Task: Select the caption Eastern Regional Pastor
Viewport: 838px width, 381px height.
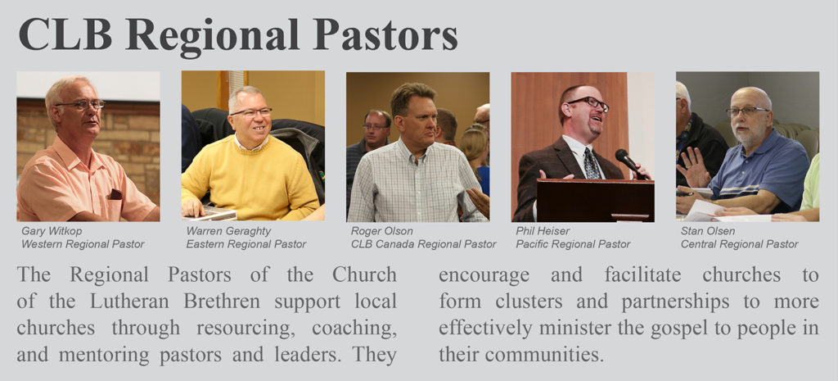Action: point(246,244)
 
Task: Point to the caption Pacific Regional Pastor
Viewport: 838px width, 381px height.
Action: point(573,244)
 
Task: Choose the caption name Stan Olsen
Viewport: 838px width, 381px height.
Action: point(708,231)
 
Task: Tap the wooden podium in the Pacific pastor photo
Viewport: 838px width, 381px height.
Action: point(596,200)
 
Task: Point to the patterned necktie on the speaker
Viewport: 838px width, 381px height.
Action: point(591,163)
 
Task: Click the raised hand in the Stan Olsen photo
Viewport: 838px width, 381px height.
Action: point(693,166)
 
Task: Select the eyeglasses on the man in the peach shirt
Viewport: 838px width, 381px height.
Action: point(81,104)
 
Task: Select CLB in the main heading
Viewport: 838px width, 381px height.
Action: point(65,34)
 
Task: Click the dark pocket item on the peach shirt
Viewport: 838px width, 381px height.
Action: point(115,194)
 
